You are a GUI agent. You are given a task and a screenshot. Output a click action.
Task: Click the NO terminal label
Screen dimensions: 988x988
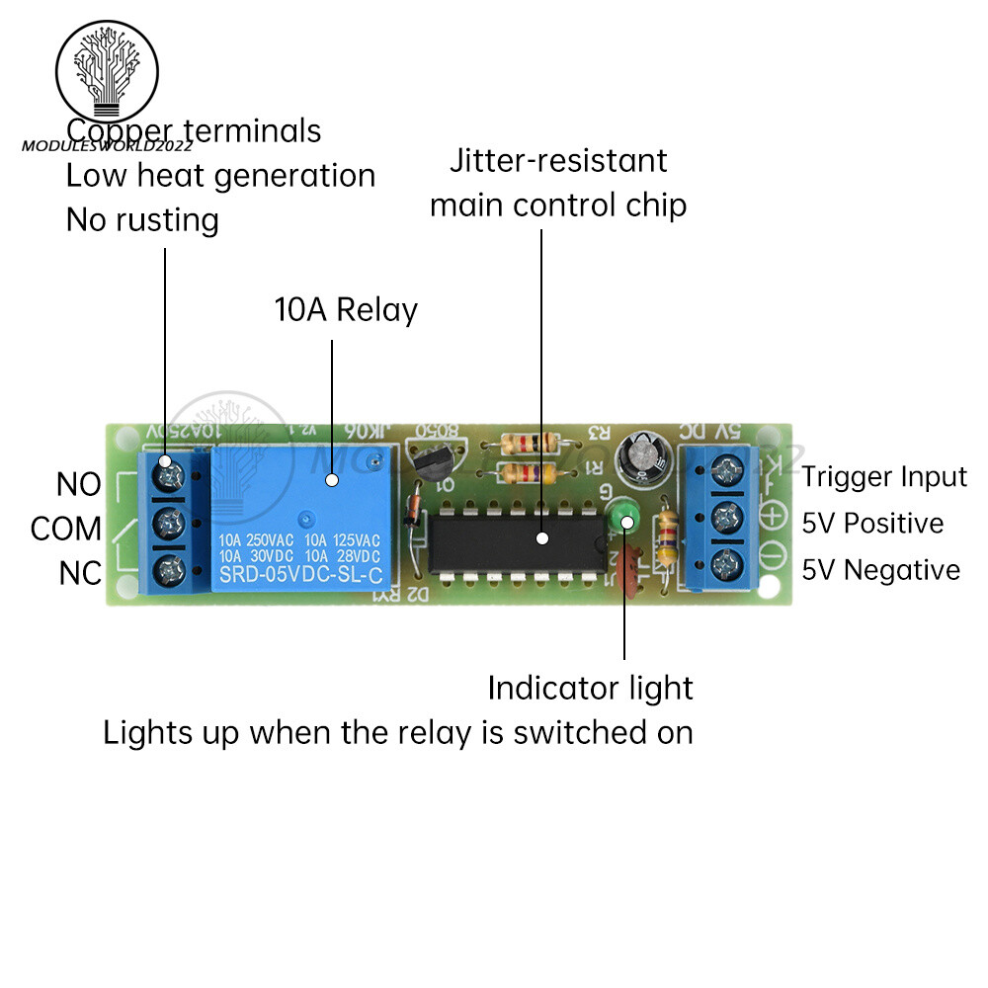(79, 484)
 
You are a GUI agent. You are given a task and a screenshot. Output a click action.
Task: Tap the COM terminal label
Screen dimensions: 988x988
(66, 529)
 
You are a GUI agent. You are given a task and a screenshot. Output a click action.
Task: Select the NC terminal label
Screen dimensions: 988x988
(80, 573)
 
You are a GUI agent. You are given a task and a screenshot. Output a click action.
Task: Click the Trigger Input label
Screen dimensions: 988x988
(883, 477)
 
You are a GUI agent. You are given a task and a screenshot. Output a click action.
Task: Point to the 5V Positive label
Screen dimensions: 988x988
(872, 523)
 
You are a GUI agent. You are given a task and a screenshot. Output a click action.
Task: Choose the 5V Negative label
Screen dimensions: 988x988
(880, 570)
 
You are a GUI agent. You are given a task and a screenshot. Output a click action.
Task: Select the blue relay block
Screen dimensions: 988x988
(303, 520)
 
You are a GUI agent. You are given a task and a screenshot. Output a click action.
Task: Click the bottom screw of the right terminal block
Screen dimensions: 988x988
(729, 567)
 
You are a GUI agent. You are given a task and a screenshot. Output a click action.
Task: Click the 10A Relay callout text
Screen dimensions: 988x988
(346, 310)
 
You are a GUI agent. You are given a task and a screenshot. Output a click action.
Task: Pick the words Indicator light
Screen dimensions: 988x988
(590, 688)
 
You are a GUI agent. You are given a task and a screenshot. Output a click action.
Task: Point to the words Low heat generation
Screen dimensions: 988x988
(220, 176)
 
